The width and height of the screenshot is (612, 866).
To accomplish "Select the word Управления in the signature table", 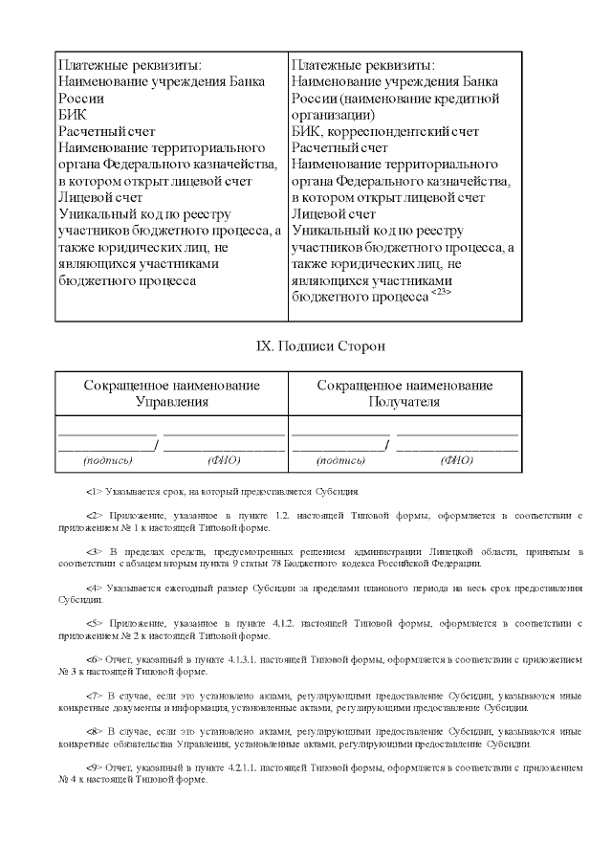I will (x=172, y=402).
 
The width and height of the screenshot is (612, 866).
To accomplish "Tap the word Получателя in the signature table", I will (x=404, y=402).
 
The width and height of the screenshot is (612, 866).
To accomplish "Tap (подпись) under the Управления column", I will (x=107, y=460).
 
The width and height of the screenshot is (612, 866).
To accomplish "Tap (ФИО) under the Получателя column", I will (x=457, y=460).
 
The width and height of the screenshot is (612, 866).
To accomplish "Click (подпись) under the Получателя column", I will (x=340, y=460).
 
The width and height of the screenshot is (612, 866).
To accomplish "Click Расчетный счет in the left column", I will (x=106, y=131).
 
